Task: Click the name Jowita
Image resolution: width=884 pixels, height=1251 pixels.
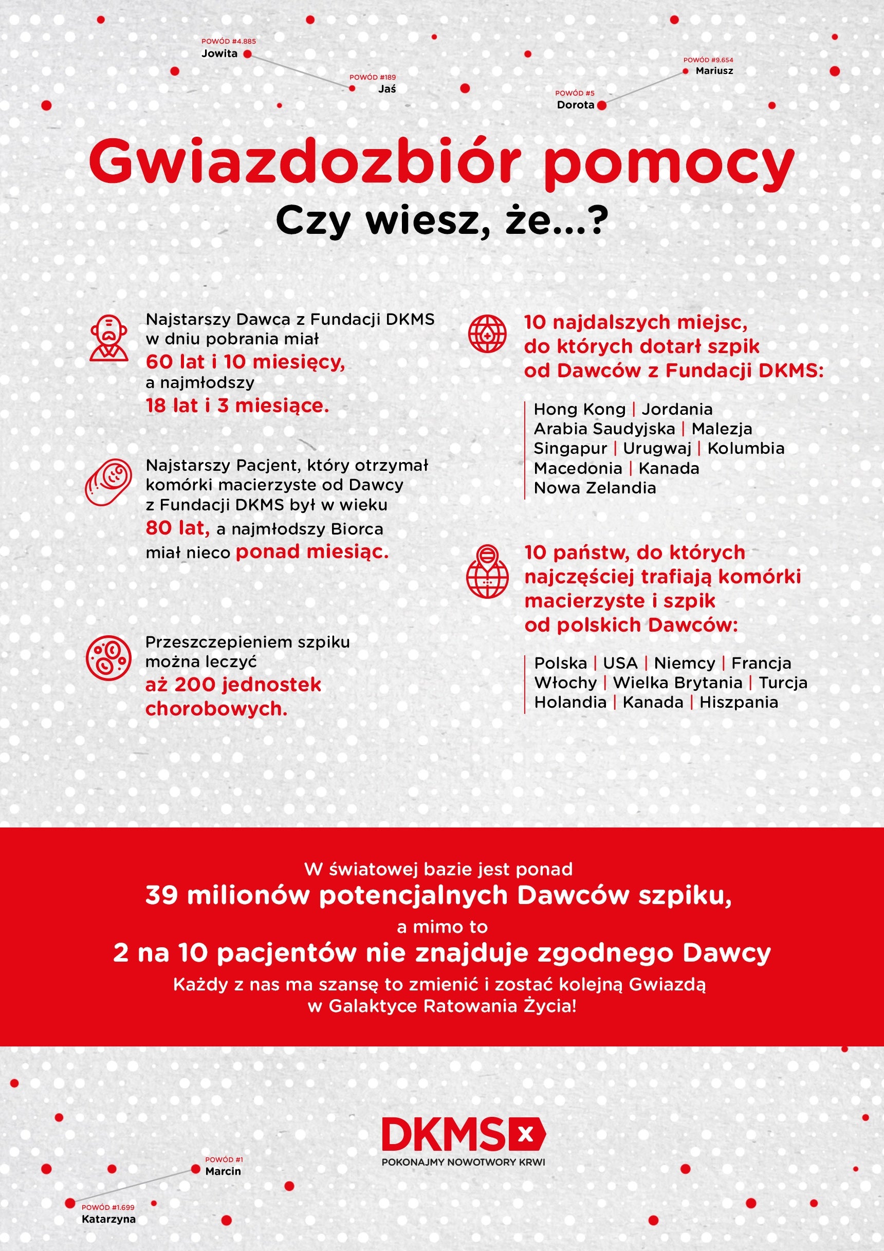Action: (219, 53)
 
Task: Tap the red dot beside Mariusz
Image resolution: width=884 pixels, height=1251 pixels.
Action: (686, 71)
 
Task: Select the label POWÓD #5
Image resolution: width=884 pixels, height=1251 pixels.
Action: (575, 93)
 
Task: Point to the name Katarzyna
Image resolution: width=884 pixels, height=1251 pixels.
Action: (108, 1219)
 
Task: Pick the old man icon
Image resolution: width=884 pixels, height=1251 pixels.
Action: (109, 338)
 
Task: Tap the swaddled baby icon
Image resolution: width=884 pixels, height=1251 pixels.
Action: (109, 482)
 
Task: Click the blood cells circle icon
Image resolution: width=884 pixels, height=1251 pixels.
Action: (108, 658)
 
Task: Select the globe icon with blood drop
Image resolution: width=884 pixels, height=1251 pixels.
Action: (487, 334)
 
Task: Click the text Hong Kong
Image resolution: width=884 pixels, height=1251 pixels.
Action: (579, 409)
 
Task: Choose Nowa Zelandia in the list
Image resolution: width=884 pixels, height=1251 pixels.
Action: (595, 488)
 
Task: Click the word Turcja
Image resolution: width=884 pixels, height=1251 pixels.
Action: (783, 683)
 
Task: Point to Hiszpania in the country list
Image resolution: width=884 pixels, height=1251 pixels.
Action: (739, 702)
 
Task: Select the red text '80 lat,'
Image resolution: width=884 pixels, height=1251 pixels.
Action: (178, 528)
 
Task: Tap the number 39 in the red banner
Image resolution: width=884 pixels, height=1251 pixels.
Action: (162, 895)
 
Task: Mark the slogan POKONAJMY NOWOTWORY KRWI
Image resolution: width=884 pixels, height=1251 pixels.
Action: (463, 1162)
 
